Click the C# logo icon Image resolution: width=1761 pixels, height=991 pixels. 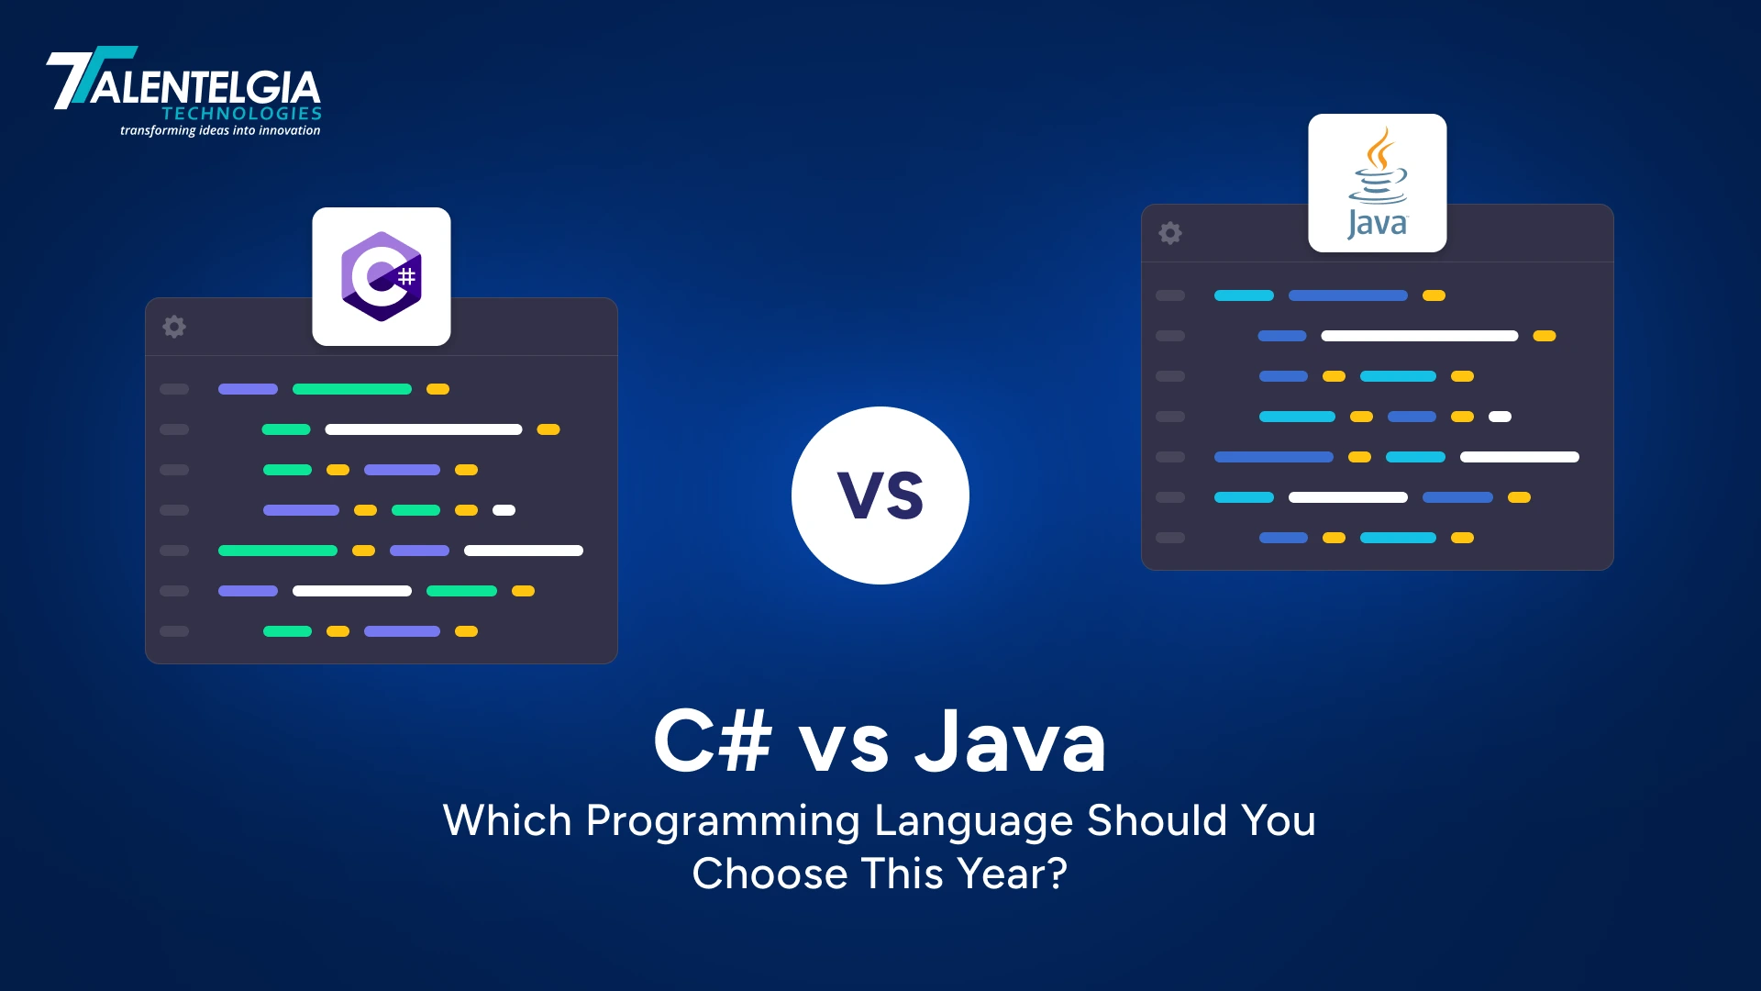pos(381,276)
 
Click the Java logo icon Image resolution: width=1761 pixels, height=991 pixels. pos(1377,183)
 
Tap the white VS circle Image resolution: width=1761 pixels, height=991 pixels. pos(880,495)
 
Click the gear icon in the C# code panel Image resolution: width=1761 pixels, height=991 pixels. pos(174,327)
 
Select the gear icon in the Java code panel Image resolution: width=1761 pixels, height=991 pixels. pos(1170,233)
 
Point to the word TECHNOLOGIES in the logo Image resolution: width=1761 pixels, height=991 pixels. pos(242,114)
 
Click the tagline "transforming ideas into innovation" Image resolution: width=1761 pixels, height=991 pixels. pos(220,131)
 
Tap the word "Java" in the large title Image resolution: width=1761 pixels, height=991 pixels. pos(1010,741)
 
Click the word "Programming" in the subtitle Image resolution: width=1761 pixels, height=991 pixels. pos(722,821)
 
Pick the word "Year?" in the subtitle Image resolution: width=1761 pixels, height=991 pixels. pos(1013,874)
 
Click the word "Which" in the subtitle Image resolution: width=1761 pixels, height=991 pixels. pos(507,820)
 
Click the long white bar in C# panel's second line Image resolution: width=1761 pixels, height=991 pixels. pos(424,429)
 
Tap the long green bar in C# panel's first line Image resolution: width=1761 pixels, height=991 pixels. pos(352,389)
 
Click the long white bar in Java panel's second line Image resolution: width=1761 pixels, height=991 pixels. pos(1419,336)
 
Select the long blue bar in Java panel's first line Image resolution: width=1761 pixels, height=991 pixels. pos(1347,295)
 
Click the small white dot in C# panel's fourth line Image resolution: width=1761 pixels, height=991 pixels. pos(504,510)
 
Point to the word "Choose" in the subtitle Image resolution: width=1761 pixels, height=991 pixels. pos(769,874)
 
